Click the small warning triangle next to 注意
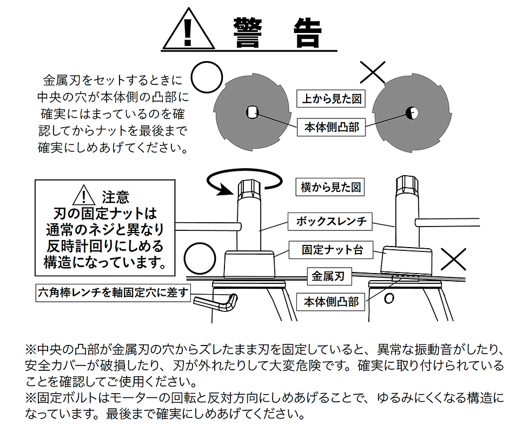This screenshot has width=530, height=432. click(x=82, y=195)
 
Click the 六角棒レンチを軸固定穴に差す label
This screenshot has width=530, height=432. click(x=113, y=293)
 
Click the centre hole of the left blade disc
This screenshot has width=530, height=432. click(x=251, y=112)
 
